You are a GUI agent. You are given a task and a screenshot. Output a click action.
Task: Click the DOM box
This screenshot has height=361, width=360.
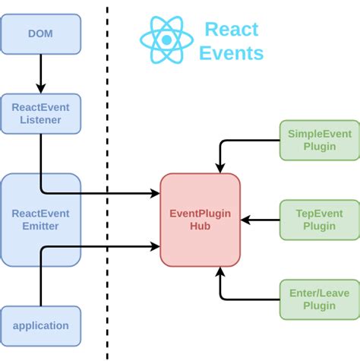(40, 34)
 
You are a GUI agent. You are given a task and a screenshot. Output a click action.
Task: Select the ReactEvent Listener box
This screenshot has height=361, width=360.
(40, 114)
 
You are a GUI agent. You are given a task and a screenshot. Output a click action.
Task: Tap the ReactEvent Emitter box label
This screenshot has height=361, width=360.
(40, 220)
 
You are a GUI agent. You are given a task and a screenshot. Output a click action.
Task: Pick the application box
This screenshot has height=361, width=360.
(40, 326)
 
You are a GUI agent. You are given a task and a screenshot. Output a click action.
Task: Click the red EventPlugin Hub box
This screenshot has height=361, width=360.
(200, 220)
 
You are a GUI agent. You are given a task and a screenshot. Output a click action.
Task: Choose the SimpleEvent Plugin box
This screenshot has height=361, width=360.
(320, 140)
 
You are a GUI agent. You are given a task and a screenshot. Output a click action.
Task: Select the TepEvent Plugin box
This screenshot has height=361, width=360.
(320, 220)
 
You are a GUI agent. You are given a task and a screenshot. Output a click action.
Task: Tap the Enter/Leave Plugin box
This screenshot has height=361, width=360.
(320, 299)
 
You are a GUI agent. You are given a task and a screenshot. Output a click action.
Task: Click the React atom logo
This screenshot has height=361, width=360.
(166, 40)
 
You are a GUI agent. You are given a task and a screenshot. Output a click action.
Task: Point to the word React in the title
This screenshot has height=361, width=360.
(232, 30)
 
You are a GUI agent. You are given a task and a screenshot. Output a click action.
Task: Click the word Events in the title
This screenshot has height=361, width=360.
(232, 53)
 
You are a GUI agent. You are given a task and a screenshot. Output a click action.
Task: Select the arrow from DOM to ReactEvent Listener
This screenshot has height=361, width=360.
(40, 74)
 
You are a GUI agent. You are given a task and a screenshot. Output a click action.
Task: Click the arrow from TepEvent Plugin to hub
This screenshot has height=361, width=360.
(260, 220)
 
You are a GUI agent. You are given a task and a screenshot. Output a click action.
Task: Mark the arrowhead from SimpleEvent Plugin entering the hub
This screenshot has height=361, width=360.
(220, 168)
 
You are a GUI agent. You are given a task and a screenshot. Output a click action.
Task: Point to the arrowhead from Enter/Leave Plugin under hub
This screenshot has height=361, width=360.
(220, 271)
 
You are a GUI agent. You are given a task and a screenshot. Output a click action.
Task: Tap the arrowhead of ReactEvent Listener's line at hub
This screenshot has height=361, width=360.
(155, 193)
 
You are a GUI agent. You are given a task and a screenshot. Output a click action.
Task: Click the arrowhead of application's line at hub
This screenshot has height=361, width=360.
(155, 246)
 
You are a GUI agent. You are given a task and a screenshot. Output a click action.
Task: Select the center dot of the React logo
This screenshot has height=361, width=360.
(166, 40)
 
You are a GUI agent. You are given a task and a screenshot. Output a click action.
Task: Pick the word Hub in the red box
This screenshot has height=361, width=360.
(200, 226)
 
